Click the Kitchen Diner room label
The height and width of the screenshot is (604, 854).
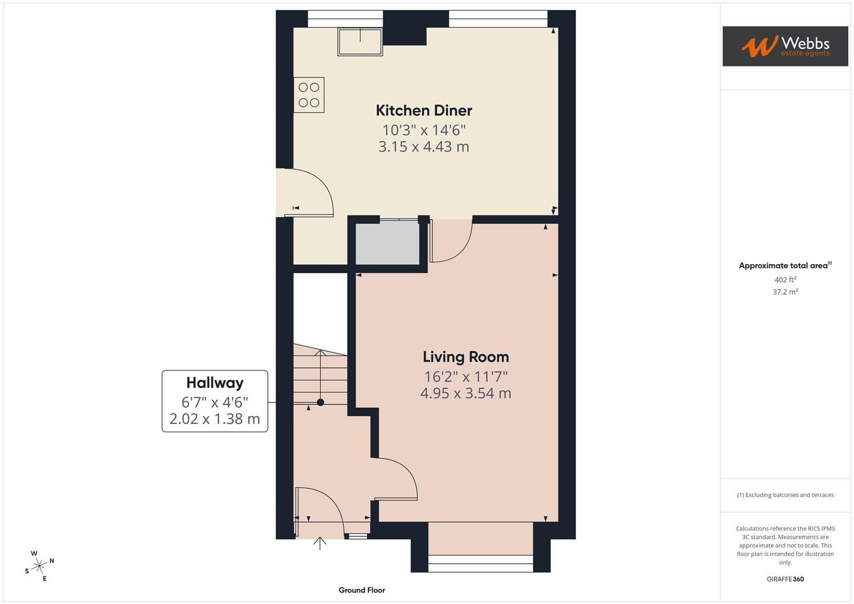point(423,110)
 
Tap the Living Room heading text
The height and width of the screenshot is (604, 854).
point(465,357)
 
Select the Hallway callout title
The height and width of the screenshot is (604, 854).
point(215,383)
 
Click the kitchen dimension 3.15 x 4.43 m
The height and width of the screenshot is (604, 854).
point(423,147)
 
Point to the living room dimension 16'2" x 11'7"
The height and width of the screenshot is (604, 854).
point(465,376)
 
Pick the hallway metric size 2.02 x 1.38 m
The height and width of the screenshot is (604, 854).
point(215,419)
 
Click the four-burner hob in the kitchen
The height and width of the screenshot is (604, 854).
point(309,95)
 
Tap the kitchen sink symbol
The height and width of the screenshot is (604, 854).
point(360,42)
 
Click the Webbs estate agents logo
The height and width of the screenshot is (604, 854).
point(785,46)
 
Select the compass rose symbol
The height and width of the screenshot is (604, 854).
point(39,566)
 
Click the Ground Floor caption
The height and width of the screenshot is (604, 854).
point(362,590)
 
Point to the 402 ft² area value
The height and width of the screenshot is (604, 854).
point(785,280)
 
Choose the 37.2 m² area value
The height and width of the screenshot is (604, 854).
point(785,292)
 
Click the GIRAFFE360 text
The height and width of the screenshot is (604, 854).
point(785,579)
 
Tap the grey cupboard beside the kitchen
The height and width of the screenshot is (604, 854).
point(388,244)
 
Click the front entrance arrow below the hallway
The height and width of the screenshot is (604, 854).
point(319,543)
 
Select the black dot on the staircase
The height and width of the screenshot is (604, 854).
point(320,402)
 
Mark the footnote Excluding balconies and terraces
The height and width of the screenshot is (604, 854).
point(785,495)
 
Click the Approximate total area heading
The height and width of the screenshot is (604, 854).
point(785,266)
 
